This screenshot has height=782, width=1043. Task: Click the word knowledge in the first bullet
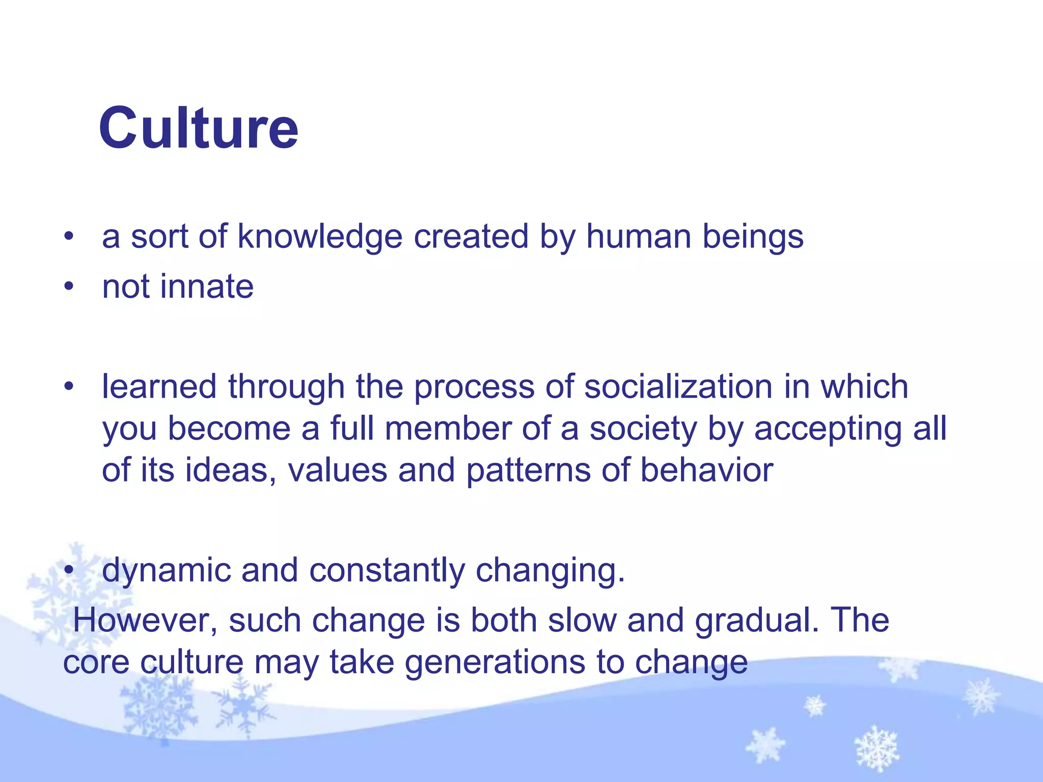(320, 237)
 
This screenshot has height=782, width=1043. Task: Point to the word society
(643, 429)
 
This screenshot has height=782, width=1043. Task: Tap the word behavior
(706, 470)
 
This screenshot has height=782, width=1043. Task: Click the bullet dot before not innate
(69, 287)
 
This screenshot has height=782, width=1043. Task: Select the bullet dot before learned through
(69, 387)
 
